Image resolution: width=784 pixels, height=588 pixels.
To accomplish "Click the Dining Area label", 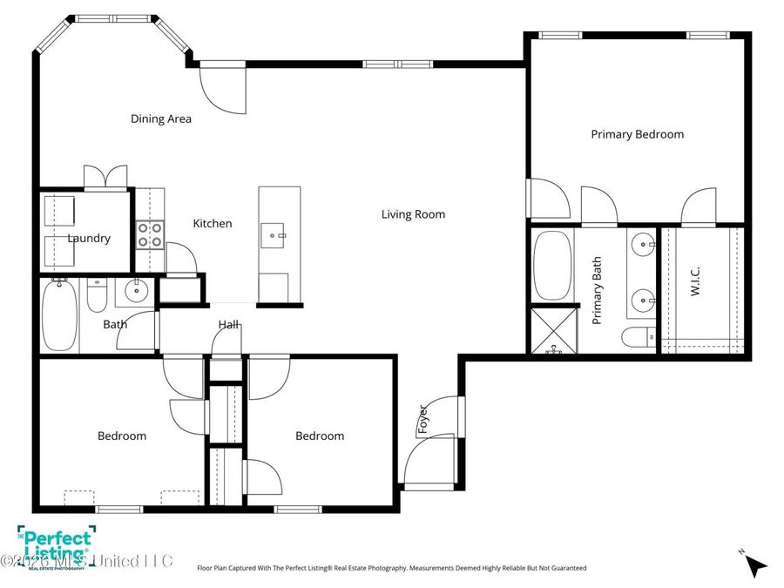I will (161, 118).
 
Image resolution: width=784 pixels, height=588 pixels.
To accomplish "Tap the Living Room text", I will (413, 214).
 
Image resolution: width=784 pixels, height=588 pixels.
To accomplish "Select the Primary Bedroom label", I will (637, 134).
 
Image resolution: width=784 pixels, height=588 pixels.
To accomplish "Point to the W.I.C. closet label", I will (696, 288).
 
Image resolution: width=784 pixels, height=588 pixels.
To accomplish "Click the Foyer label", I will (423, 419).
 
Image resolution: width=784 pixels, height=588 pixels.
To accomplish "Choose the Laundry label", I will (89, 238).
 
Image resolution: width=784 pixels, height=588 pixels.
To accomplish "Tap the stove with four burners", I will (150, 233).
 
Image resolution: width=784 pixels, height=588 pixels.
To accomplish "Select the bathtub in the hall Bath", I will (59, 314).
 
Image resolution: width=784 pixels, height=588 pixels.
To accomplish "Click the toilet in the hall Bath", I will (97, 297).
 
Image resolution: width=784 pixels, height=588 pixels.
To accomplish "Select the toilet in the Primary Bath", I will (639, 336).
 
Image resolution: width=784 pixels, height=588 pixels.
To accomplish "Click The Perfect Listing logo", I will (55, 545).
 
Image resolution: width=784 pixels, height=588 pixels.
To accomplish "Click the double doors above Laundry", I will (106, 177).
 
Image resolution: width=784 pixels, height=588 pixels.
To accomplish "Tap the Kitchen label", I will (212, 224).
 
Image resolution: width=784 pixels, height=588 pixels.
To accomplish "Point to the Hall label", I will (229, 325).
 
